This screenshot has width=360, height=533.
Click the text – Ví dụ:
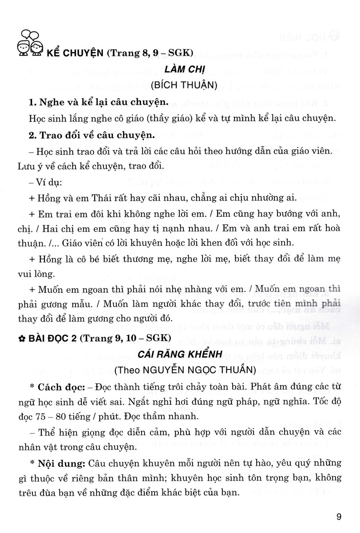(x=45, y=182)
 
